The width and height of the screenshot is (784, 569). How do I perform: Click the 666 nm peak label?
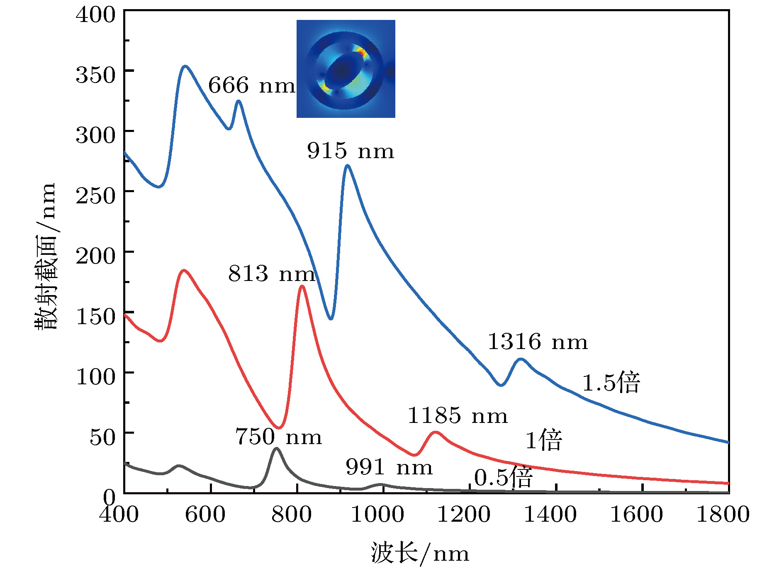[251, 85]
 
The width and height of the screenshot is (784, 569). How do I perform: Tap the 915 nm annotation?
[351, 151]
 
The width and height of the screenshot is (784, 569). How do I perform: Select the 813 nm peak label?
[272, 274]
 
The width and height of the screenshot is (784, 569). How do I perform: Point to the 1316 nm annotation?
[538, 342]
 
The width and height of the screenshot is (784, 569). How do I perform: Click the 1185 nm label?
[458, 416]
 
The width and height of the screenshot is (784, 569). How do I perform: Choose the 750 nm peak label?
[278, 437]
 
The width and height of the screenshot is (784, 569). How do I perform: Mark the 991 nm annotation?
[389, 467]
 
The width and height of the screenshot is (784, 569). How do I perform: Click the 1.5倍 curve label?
[611, 382]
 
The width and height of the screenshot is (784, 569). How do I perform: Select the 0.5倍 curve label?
[503, 477]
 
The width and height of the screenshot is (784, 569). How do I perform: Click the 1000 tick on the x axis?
[377, 515]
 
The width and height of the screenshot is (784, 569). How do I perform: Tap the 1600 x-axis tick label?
[636, 515]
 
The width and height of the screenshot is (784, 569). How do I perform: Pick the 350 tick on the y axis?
[95, 76]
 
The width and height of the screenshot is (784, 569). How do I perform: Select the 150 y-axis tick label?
[95, 317]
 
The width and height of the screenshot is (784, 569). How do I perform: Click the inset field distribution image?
[346, 69]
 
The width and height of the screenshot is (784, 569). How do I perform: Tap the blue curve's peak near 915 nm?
[347, 166]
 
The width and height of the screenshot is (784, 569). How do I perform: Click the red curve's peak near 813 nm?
[302, 286]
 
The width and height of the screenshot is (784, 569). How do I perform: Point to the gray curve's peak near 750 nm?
[276, 448]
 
